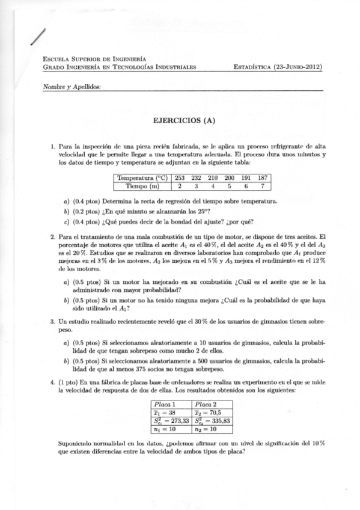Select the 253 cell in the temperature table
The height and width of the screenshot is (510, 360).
point(180,178)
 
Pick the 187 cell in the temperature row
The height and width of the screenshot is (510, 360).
point(263,178)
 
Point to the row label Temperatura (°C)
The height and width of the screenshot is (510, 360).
point(142,178)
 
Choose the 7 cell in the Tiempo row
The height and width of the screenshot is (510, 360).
point(263,186)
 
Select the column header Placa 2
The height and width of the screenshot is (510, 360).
point(206,404)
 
